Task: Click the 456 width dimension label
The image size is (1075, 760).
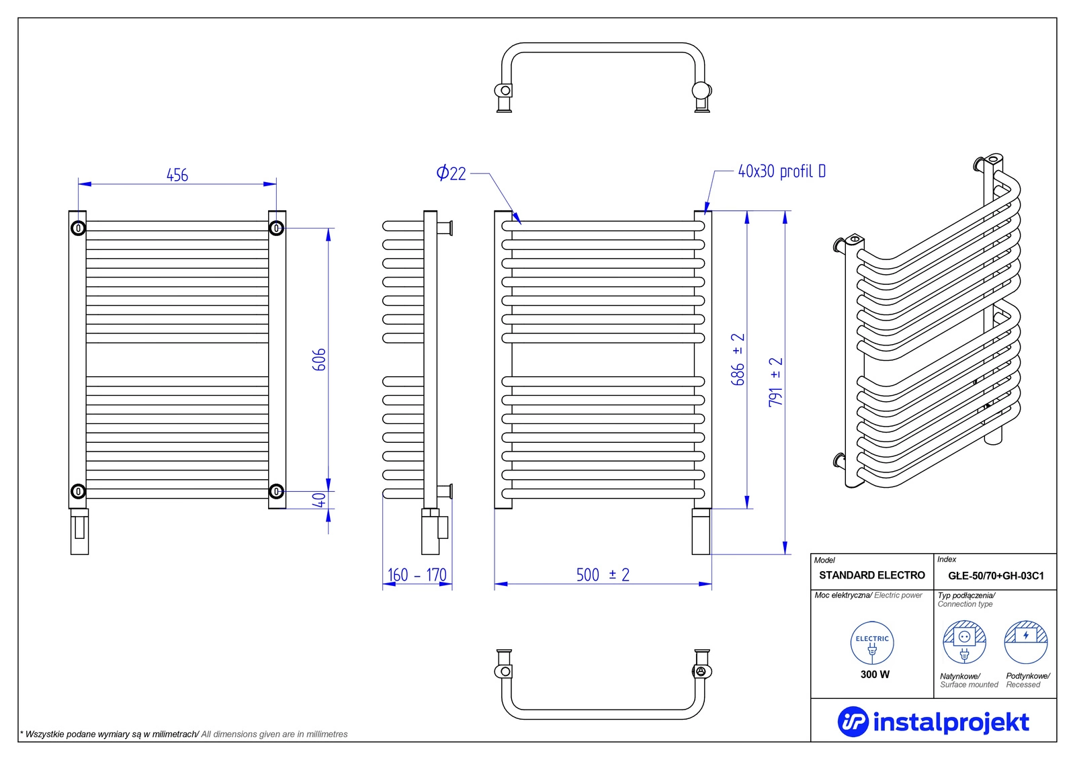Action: [177, 175]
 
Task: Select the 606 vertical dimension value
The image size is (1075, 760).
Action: [319, 360]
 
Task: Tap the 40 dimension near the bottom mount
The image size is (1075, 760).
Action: [319, 500]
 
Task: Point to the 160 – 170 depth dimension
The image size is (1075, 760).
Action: [417, 575]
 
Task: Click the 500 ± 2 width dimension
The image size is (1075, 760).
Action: [603, 575]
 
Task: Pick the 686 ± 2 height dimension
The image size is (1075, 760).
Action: [738, 360]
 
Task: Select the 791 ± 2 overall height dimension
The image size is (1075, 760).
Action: [776, 382]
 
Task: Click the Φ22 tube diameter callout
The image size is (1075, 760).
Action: [451, 173]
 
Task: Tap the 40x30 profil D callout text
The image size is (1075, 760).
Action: [781, 171]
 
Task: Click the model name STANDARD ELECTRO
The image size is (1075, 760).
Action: [871, 575]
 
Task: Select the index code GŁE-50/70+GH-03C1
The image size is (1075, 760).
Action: [996, 576]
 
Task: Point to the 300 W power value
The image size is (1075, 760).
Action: [875, 675]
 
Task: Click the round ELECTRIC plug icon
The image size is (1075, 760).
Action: [872, 643]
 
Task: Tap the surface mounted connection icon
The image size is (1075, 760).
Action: [964, 642]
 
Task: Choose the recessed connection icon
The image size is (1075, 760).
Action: [1026, 642]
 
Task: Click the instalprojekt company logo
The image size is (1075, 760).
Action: [933, 722]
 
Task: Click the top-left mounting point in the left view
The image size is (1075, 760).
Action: [78, 228]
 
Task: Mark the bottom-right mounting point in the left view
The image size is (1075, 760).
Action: [276, 491]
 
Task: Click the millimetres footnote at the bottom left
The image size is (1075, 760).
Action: [184, 734]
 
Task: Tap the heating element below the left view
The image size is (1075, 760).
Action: [79, 532]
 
